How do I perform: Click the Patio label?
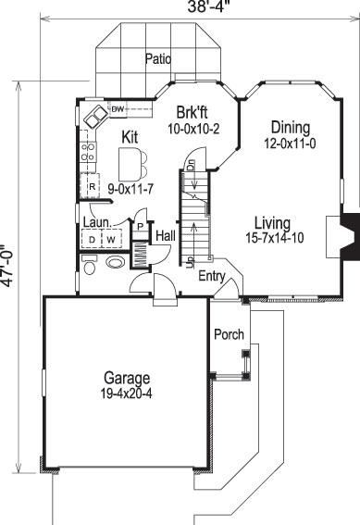click(160, 58)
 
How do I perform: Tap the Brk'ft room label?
click(193, 115)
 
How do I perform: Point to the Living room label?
click(273, 223)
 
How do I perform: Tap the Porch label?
click(227, 333)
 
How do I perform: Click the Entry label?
click(212, 275)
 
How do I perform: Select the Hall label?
click(166, 236)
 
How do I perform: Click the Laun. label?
click(97, 222)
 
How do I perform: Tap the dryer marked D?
click(92, 240)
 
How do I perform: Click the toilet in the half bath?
click(90, 269)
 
